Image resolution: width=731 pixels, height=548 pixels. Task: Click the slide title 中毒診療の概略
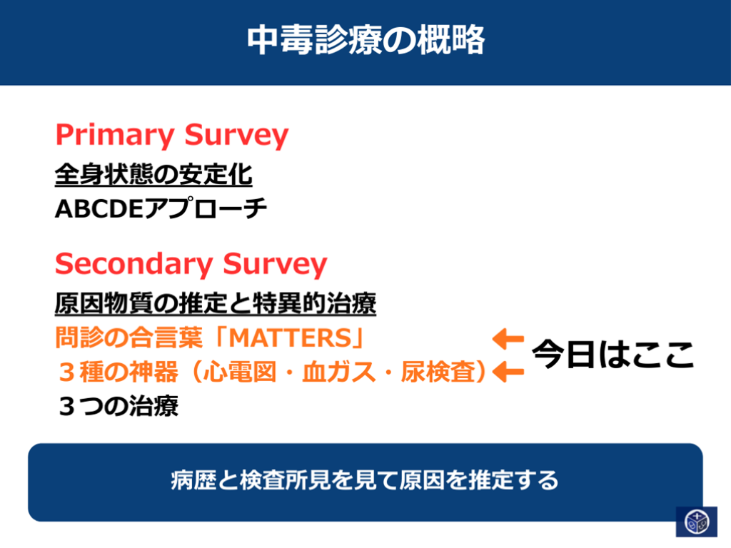pyautogui.click(x=366, y=40)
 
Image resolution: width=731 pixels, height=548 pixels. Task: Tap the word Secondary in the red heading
pyautogui.click(x=133, y=264)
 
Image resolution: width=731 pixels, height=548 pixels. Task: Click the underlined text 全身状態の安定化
pyautogui.click(x=153, y=175)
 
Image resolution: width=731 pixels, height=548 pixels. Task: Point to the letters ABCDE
pyautogui.click(x=99, y=209)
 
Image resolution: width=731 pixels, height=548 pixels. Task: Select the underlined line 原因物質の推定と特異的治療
pyautogui.click(x=216, y=304)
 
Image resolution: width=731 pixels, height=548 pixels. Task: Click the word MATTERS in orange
pyautogui.click(x=290, y=338)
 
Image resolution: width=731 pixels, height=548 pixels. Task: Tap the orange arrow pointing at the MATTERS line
pyautogui.click(x=508, y=339)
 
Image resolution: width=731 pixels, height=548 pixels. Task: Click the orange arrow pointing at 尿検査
pyautogui.click(x=508, y=372)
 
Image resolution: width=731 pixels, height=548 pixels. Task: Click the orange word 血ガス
pyautogui.click(x=339, y=372)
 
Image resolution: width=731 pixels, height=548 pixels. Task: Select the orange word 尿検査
pyautogui.click(x=438, y=372)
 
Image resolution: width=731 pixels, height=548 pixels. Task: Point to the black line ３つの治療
pyautogui.click(x=119, y=406)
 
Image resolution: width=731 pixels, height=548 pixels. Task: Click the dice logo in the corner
pyautogui.click(x=697, y=522)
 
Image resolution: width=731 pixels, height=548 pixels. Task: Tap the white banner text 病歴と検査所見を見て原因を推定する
pyautogui.click(x=365, y=480)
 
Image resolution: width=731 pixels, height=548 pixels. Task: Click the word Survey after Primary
pyautogui.click(x=236, y=136)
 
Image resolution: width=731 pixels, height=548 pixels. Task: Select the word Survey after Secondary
pyautogui.click(x=275, y=264)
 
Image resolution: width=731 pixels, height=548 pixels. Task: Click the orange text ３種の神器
pyautogui.click(x=119, y=372)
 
